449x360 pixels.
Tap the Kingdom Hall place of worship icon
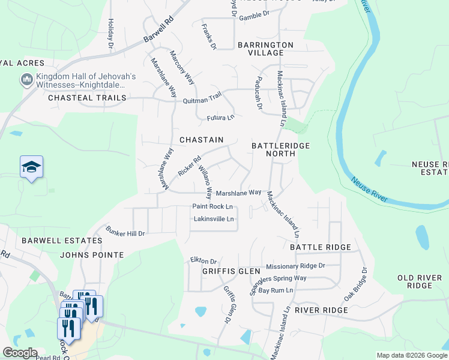(x=26, y=80)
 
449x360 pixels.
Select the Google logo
(x=19, y=353)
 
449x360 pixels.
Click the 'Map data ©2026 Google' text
(x=411, y=355)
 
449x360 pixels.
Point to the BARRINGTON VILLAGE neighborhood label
(x=265, y=49)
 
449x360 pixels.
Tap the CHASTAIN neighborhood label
(x=202, y=140)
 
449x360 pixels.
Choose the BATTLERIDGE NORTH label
(x=273, y=149)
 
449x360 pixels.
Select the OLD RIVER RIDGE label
(x=423, y=281)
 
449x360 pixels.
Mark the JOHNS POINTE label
(x=92, y=255)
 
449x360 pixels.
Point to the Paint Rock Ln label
(x=212, y=206)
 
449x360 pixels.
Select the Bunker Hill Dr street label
(x=125, y=231)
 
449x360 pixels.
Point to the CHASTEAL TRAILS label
(x=87, y=98)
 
